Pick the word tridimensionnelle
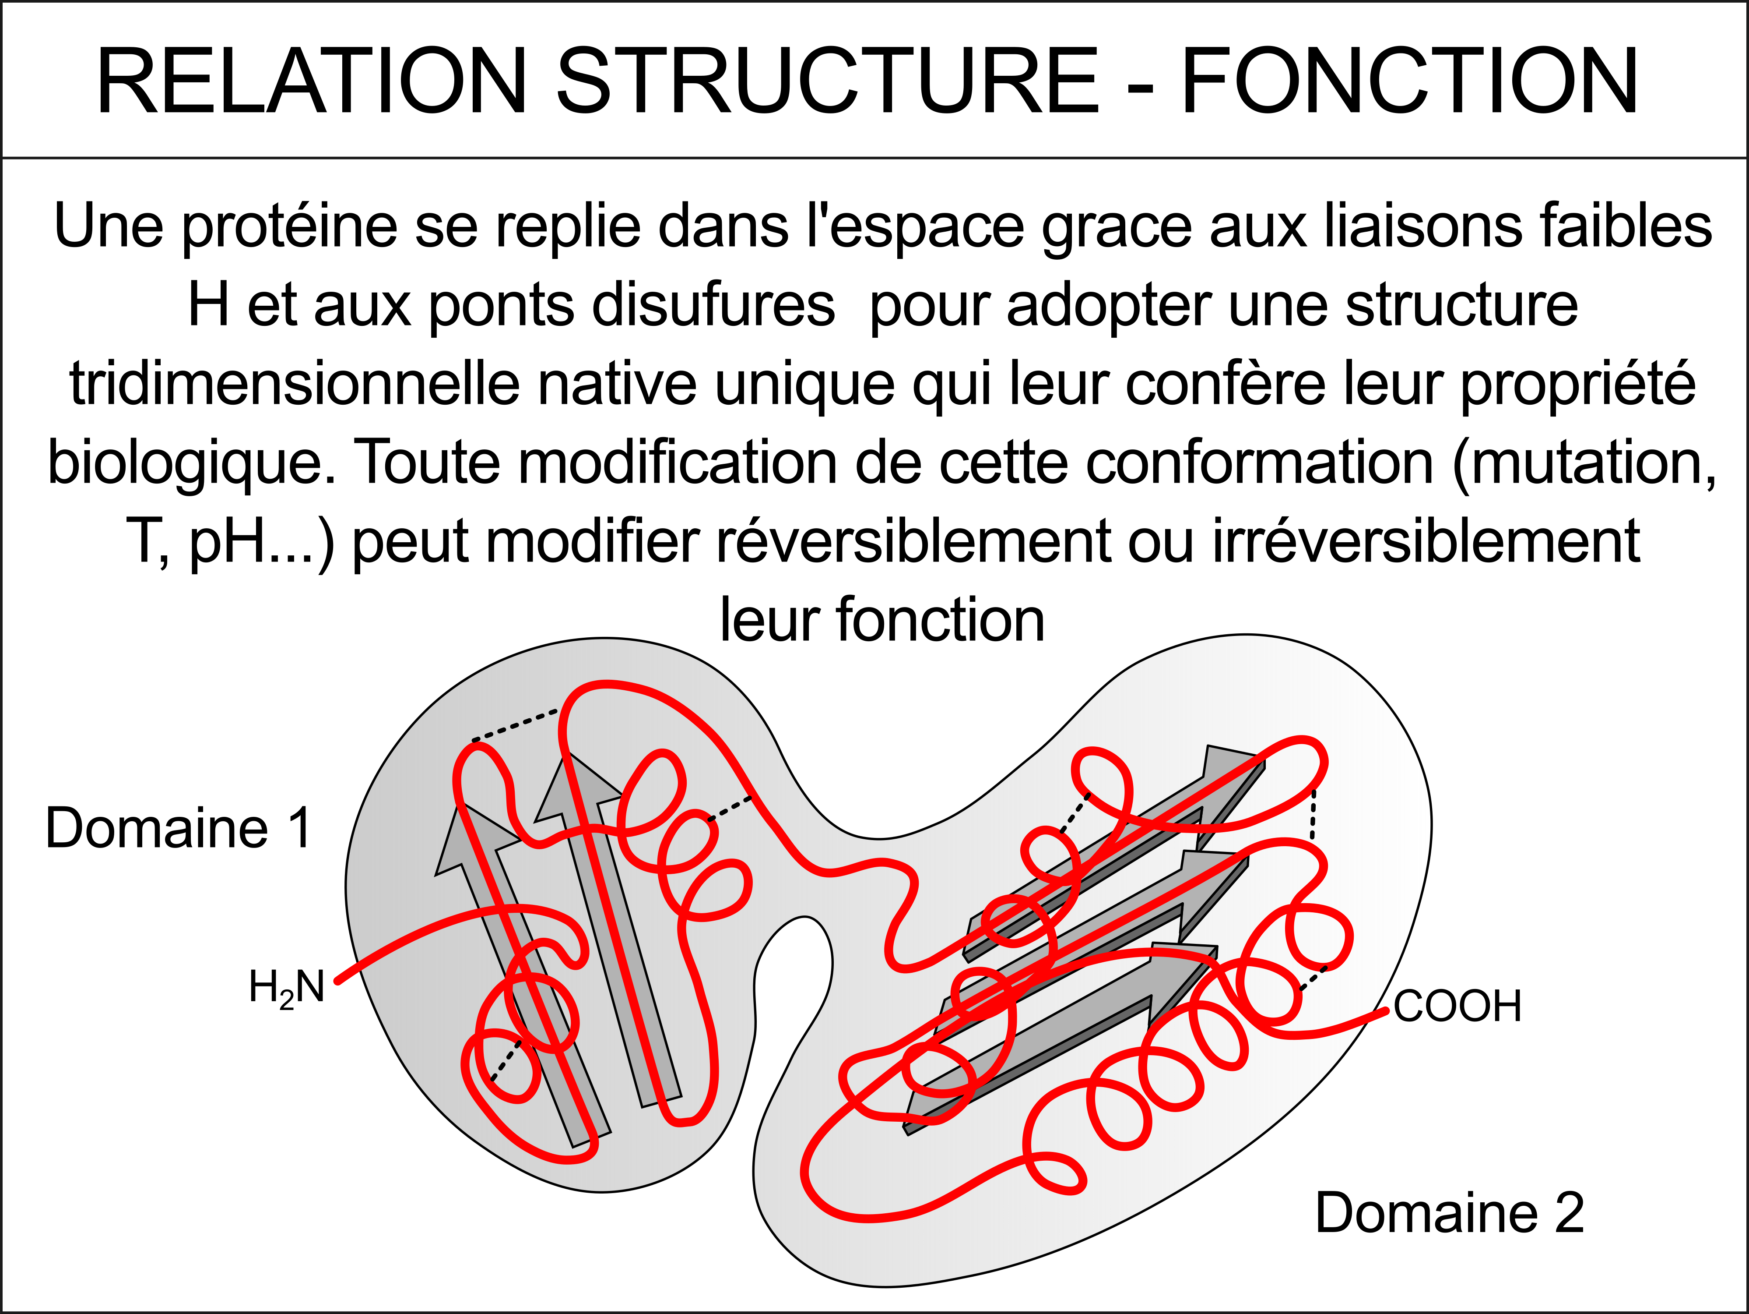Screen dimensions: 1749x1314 click(x=295, y=385)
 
